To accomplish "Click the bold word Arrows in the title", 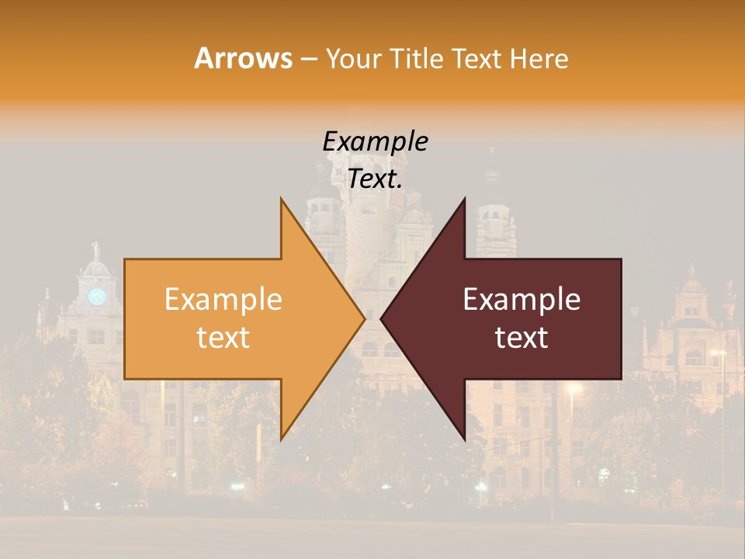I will [244, 58].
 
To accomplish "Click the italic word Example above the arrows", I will [375, 142].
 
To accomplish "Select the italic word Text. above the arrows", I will [375, 179].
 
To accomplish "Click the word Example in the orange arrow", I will [223, 300].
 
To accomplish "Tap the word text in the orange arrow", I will [223, 337].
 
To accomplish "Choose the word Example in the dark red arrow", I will [521, 300].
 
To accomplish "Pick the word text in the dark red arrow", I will [521, 337].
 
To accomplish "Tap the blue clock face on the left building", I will [96, 296].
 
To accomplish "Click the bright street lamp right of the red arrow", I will [573, 388].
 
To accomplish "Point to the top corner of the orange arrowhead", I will [281, 199].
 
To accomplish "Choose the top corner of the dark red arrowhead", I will [464, 199].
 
